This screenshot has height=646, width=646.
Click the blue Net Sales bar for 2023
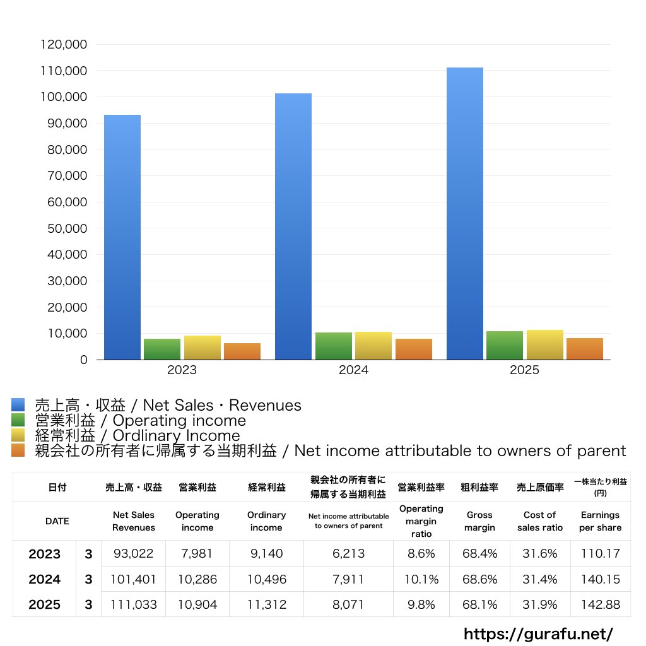tap(122, 237)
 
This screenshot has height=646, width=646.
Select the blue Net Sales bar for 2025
tap(465, 213)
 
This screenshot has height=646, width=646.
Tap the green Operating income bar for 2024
tap(334, 346)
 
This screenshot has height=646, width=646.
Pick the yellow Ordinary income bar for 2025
tap(545, 344)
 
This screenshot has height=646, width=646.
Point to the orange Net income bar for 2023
tap(242, 351)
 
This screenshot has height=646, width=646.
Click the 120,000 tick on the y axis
tap(64, 45)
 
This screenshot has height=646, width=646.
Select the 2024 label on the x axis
tap(353, 370)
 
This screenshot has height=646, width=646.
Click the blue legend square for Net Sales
tap(18, 405)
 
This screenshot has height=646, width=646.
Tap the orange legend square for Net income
tap(18, 450)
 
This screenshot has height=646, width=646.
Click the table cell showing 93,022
tap(133, 554)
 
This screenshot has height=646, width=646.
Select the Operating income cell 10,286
tap(197, 579)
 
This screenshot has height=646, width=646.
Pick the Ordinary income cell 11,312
tap(266, 604)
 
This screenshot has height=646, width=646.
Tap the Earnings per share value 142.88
tap(600, 604)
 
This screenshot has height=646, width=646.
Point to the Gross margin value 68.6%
tap(479, 579)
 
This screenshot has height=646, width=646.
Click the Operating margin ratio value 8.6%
tap(421, 554)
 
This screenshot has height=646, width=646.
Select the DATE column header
tap(57, 521)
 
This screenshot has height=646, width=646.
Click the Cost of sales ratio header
tap(540, 521)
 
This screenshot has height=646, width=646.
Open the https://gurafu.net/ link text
tap(538, 633)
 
